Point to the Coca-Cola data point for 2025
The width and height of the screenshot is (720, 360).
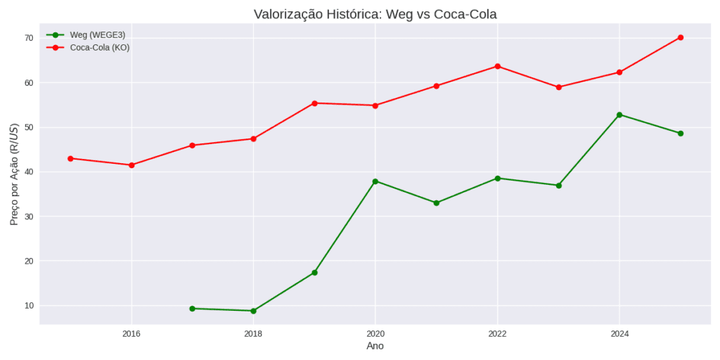681,37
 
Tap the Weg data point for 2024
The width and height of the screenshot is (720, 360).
619,115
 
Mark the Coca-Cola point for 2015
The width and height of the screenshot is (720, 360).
70,158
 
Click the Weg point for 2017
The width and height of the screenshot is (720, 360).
192,309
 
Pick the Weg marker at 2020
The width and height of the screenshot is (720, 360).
375,181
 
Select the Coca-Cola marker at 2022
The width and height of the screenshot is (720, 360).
498,66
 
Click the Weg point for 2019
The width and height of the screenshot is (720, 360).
314,272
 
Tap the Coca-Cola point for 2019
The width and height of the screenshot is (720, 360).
314,103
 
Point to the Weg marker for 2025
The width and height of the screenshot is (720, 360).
681,133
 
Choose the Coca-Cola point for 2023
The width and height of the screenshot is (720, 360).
558,87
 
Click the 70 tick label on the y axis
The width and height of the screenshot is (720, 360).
28,38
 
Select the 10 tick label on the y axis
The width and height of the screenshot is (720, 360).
28,306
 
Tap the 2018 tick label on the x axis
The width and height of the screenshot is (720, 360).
253,333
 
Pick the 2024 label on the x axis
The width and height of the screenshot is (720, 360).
619,333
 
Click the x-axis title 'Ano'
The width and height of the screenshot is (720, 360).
375,346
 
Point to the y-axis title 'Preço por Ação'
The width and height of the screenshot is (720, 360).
14,174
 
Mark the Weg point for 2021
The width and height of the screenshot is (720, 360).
437,202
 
